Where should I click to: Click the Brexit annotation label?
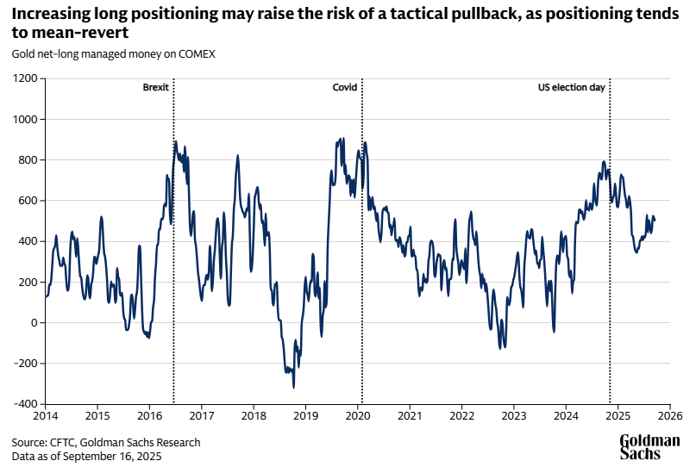click(x=156, y=88)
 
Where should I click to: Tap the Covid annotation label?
click(x=344, y=88)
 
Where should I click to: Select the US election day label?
click(x=572, y=88)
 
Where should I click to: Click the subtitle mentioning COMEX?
click(x=114, y=53)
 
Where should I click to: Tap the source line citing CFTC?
click(x=106, y=442)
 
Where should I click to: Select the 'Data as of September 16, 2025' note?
click(x=86, y=456)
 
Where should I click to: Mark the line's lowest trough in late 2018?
click(x=294, y=387)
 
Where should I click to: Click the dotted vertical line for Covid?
click(x=361, y=258)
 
